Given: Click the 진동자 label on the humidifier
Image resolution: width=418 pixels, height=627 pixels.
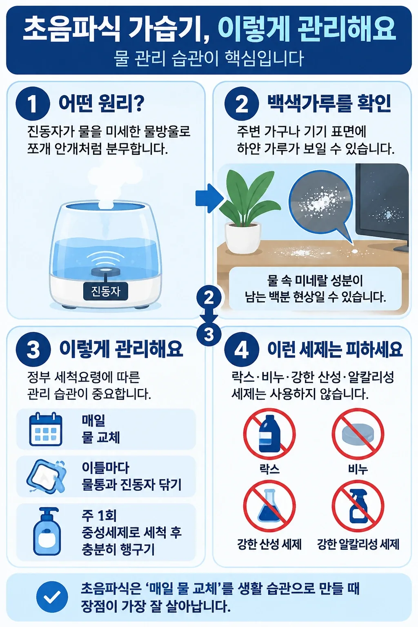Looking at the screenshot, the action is point(106,291).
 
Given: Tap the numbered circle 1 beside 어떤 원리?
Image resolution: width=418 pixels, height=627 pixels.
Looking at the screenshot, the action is point(33,104).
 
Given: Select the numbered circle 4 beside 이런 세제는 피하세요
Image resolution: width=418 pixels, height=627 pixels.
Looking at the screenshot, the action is point(242,349).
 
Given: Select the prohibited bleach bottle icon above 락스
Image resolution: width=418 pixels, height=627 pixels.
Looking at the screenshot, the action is point(269,434).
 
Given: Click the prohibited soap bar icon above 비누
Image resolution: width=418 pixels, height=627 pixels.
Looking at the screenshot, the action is point(358,434).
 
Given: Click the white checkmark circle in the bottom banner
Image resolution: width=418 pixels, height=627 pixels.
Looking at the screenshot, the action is point(52,597).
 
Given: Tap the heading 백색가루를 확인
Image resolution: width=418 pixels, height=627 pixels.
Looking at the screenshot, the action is point(329,103).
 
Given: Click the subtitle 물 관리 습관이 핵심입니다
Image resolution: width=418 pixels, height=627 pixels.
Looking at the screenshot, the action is point(209,58).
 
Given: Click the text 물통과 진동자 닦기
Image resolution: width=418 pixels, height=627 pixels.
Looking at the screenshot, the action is point(132,485).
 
